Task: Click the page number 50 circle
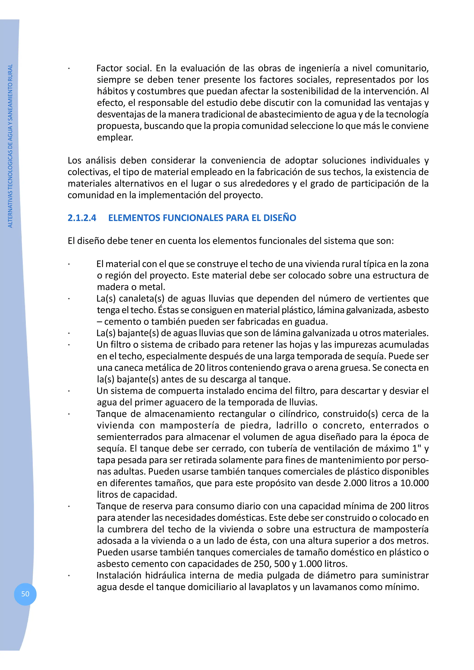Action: click(x=25, y=594)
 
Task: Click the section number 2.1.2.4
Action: click(x=82, y=218)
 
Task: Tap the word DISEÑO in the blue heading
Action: click(x=280, y=218)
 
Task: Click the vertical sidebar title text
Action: click(x=10, y=146)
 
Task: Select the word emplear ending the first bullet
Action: click(x=115, y=137)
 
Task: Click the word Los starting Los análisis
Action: click(x=74, y=160)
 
